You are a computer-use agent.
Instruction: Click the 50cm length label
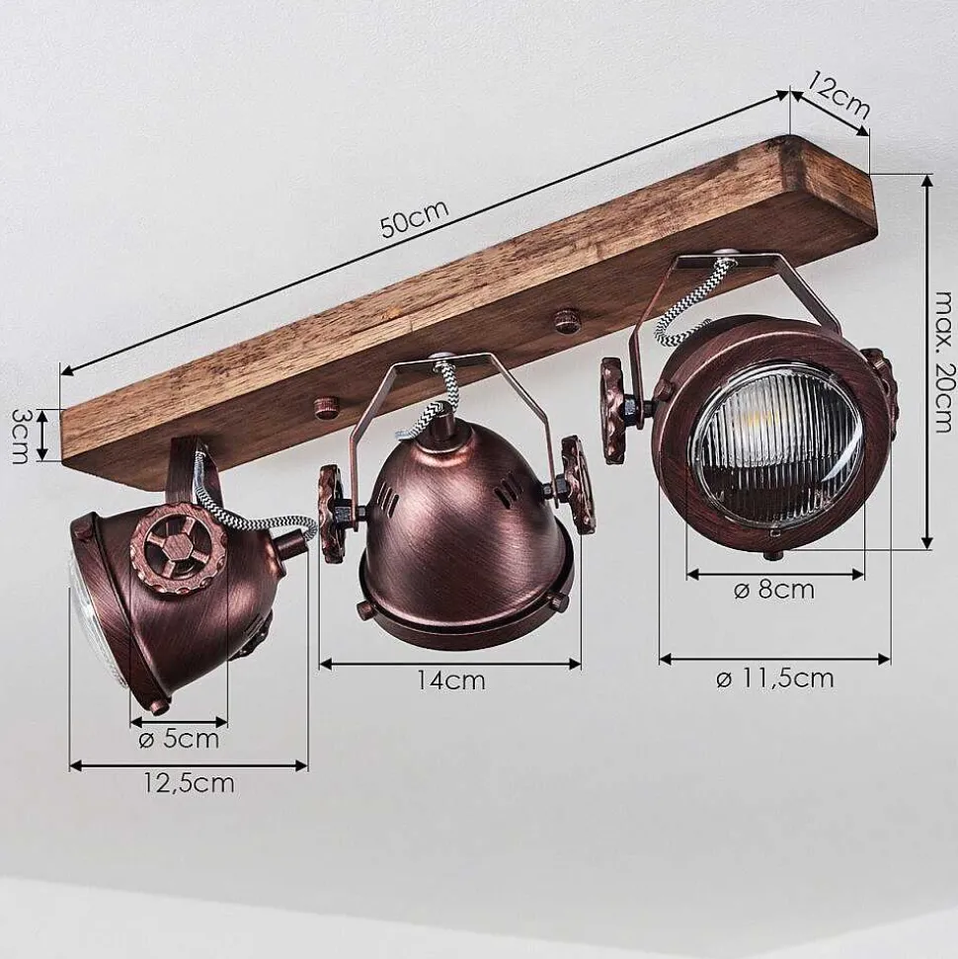[x=415, y=218]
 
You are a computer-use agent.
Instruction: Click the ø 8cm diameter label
[x=774, y=591]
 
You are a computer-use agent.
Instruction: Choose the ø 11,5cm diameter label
[x=774, y=679]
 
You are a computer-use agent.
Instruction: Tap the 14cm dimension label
[x=451, y=680]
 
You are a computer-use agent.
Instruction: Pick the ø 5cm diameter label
[x=179, y=740]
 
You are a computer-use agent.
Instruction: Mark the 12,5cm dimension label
[x=189, y=783]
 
